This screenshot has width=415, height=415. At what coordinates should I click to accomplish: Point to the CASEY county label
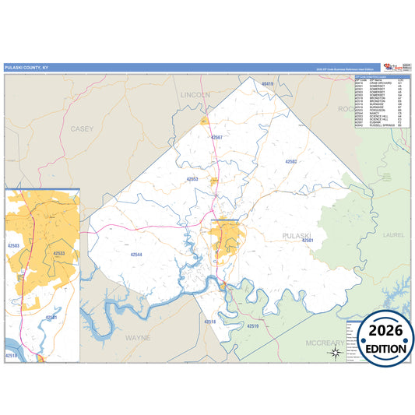click(81, 128)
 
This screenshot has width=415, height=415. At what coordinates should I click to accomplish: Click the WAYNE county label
click(138, 338)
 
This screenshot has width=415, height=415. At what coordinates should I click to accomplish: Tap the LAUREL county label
click(374, 233)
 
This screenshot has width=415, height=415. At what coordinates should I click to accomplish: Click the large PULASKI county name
click(297, 234)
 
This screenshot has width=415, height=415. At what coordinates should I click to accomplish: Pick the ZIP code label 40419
click(268, 83)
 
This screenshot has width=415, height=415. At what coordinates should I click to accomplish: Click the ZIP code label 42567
click(216, 137)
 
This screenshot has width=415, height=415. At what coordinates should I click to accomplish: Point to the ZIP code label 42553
click(192, 179)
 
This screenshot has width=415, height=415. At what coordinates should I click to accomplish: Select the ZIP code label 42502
click(291, 161)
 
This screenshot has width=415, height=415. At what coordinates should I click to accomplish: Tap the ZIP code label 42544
click(136, 255)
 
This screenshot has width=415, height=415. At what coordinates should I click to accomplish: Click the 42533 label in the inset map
click(59, 253)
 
